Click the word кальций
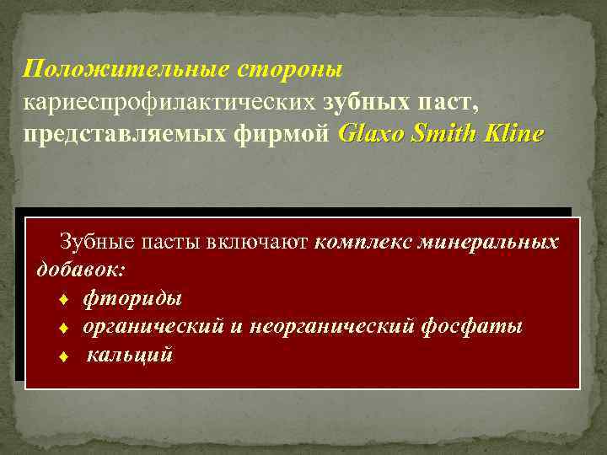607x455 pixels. [x=130, y=355]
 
